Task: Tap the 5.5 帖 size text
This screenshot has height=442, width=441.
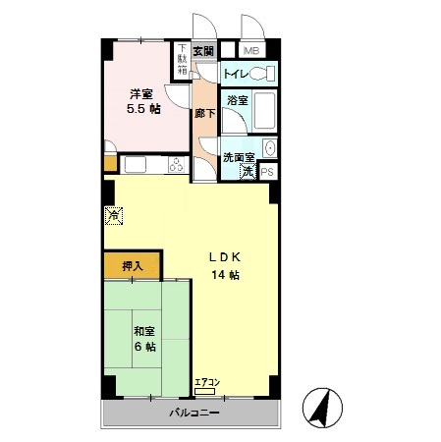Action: (x=143, y=110)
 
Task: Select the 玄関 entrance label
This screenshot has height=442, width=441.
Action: (x=203, y=51)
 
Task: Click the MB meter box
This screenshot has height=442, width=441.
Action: (x=251, y=51)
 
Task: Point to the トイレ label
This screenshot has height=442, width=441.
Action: (x=236, y=74)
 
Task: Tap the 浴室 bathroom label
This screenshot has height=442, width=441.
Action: (x=237, y=100)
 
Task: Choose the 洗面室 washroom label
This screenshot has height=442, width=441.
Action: (x=239, y=156)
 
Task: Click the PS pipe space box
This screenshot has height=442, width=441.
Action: (x=268, y=170)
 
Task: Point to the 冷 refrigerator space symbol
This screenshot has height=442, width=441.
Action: (x=114, y=214)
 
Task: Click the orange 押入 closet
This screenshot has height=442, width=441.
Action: (x=133, y=265)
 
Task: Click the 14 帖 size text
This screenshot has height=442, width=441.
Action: (x=225, y=275)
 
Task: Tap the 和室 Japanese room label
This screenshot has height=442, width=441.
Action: (x=143, y=330)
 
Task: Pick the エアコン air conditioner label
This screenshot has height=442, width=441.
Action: (x=207, y=382)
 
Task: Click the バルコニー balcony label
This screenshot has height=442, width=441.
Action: (x=192, y=414)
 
